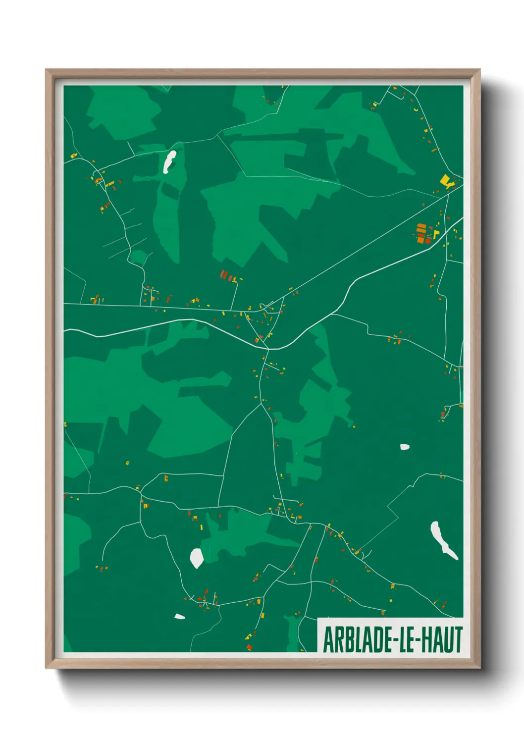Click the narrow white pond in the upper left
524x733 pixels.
tap(169, 161)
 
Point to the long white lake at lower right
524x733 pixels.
tap(442, 540)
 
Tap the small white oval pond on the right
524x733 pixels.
tap(405, 447)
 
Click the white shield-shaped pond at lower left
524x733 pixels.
tap(197, 558)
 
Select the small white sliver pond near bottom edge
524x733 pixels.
tap(179, 617)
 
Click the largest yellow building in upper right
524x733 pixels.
tap(445, 180)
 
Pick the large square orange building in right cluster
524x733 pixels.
tap(420, 240)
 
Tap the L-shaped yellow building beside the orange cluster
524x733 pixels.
tap(436, 234)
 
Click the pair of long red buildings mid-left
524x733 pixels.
tap(224, 274)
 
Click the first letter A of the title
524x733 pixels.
tap(328, 639)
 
